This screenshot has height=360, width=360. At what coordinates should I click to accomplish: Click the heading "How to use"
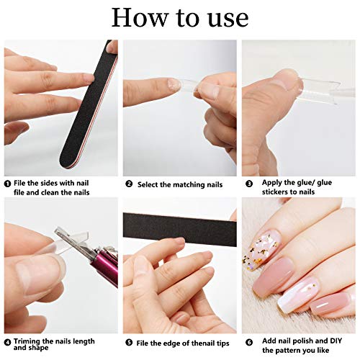click(180, 17)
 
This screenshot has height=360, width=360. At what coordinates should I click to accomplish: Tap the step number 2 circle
click(128, 184)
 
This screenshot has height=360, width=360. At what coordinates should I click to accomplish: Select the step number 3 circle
click(247, 184)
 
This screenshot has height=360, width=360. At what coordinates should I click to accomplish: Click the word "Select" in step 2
click(148, 184)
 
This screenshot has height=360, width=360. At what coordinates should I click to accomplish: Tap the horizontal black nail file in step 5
click(180, 229)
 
